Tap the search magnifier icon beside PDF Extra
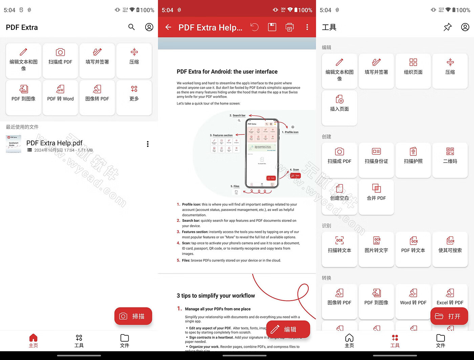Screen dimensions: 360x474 point(131,27)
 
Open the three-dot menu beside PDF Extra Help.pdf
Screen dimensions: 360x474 point(148,144)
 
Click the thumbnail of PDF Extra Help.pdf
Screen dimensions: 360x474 point(14,144)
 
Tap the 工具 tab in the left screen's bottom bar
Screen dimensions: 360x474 point(79,341)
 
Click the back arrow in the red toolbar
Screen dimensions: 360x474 point(168,27)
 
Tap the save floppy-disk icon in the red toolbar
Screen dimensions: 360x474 point(272,27)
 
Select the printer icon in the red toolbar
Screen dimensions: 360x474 point(289,27)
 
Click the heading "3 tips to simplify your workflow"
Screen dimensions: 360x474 point(216,296)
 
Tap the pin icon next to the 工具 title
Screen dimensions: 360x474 point(448,27)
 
